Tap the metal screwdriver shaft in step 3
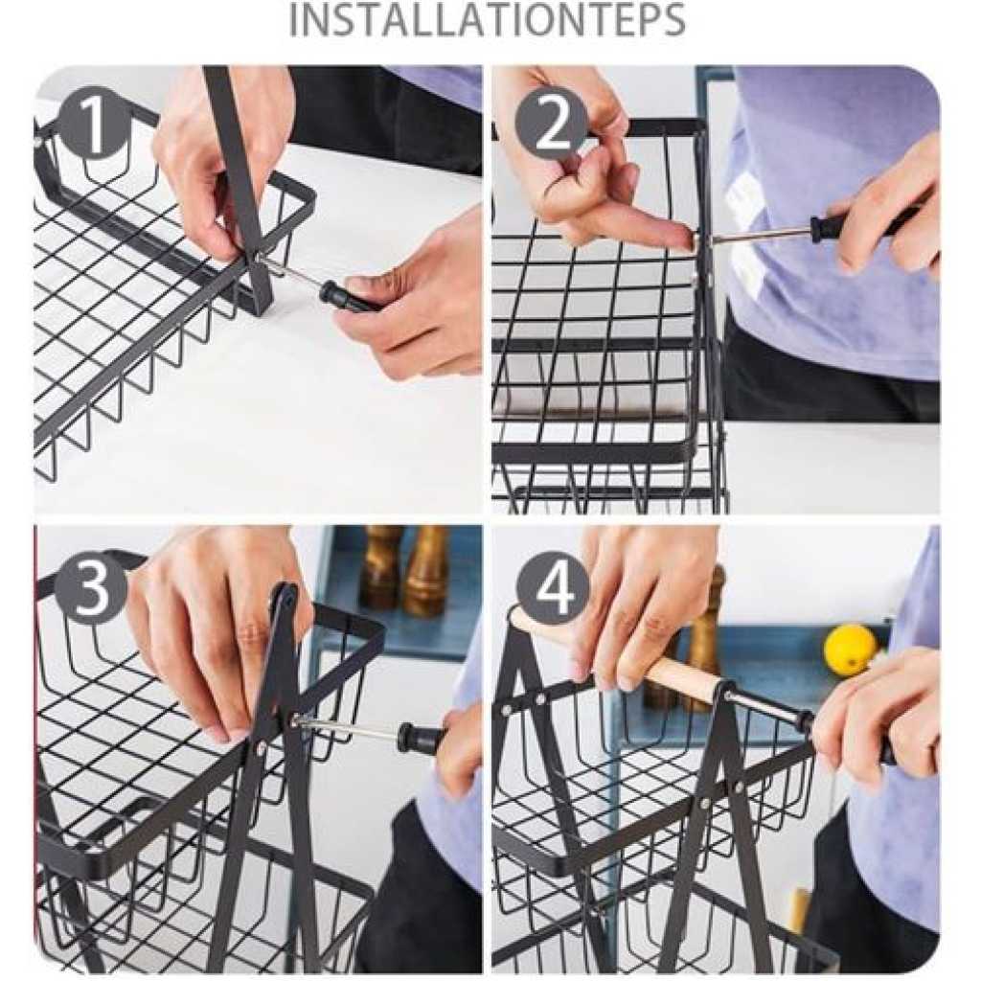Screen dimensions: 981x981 point(347,729)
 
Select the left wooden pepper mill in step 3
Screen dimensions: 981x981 point(379,566)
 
